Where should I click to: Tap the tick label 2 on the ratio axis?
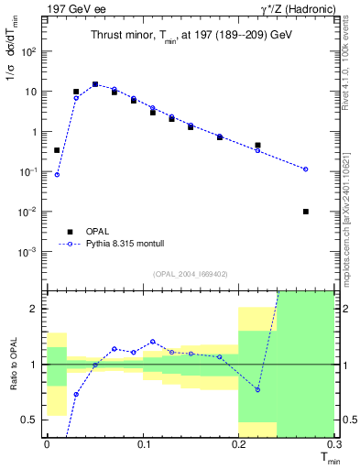click(36, 309)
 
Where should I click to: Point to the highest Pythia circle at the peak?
click(95, 84)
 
